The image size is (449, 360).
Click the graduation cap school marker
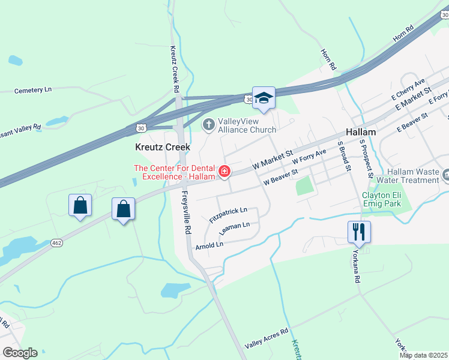264,98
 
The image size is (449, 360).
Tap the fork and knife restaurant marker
359,231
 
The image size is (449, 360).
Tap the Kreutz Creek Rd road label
175,69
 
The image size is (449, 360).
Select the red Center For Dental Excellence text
175,173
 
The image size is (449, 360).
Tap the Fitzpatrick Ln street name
228,215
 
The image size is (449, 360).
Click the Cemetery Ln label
33,90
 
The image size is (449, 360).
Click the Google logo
20,353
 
